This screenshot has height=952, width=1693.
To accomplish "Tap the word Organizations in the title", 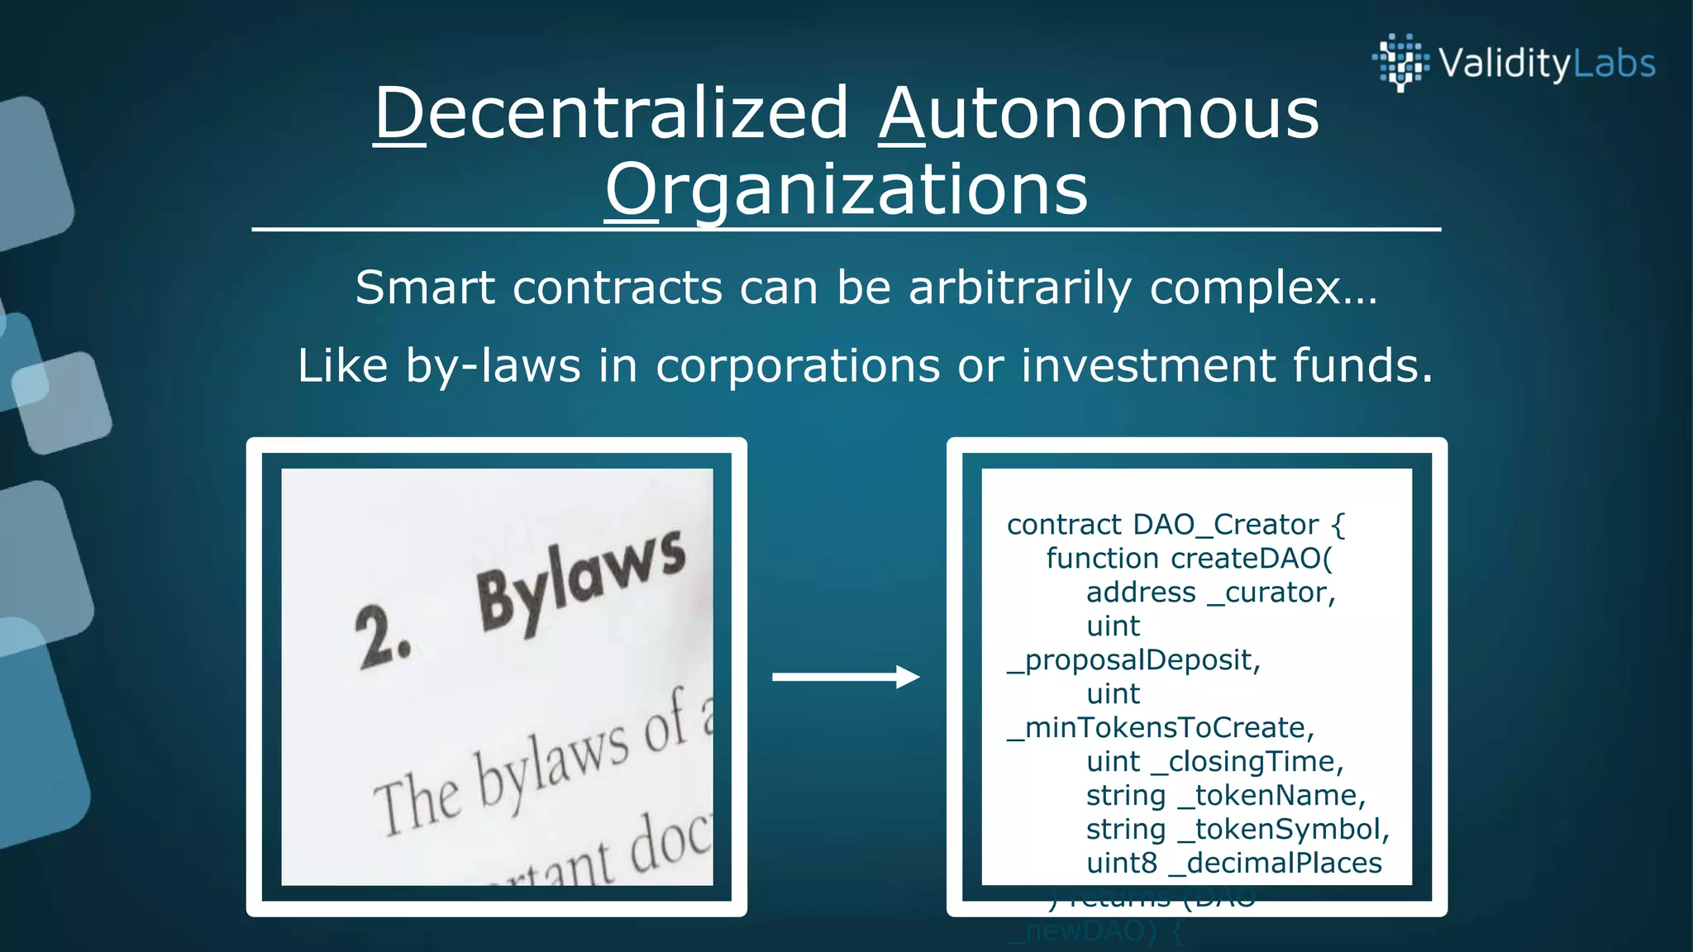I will click(846, 190).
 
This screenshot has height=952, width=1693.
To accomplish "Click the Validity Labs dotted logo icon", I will click(1400, 61).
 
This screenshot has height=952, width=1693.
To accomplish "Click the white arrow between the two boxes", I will click(845, 677).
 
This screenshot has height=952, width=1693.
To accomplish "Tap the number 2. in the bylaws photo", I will click(382, 637).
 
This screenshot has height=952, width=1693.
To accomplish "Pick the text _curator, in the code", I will click(1271, 593).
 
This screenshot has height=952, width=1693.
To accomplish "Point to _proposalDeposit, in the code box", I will click(1133, 660).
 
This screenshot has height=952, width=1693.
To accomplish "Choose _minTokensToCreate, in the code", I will click(1160, 728).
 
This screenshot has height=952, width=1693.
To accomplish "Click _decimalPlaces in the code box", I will click(1275, 864).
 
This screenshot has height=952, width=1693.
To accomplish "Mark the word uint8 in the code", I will click(1121, 864).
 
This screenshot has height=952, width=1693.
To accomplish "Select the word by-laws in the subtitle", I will click(493, 366).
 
